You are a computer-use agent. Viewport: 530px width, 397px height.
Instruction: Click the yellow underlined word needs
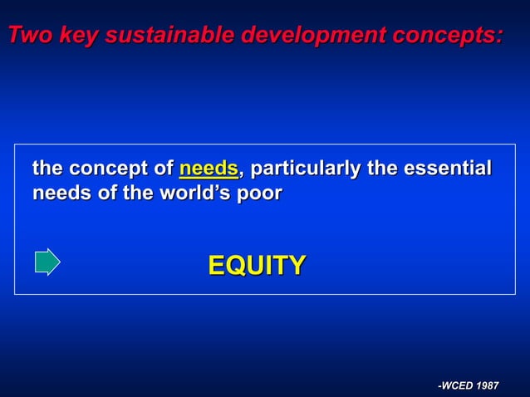coord(209,169)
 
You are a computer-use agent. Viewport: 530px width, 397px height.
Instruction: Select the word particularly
coord(306,169)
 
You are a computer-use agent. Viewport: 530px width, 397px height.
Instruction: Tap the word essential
coord(446,169)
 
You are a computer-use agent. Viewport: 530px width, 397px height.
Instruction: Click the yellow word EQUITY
coord(257,266)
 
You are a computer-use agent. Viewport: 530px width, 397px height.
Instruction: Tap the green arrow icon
coord(47,262)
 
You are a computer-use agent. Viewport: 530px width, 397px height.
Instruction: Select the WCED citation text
coord(469,385)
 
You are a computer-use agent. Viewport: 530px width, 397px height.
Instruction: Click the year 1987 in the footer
coord(486,385)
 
